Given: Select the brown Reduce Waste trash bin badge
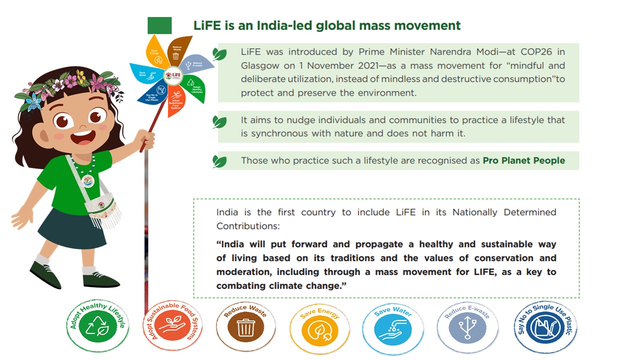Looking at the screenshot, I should tap(246, 327).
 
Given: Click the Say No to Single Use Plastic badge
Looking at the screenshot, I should tap(545, 327).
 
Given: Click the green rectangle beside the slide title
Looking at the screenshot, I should tap(159, 25).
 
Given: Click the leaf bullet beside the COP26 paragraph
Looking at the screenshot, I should tap(219, 54).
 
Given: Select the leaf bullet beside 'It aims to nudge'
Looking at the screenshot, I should tap(219, 121).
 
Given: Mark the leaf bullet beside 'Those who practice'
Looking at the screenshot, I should tap(219, 161).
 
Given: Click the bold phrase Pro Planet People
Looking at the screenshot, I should tap(523, 161).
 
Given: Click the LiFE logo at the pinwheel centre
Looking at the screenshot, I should tap(172, 76).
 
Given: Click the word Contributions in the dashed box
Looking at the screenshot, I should tap(247, 226).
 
